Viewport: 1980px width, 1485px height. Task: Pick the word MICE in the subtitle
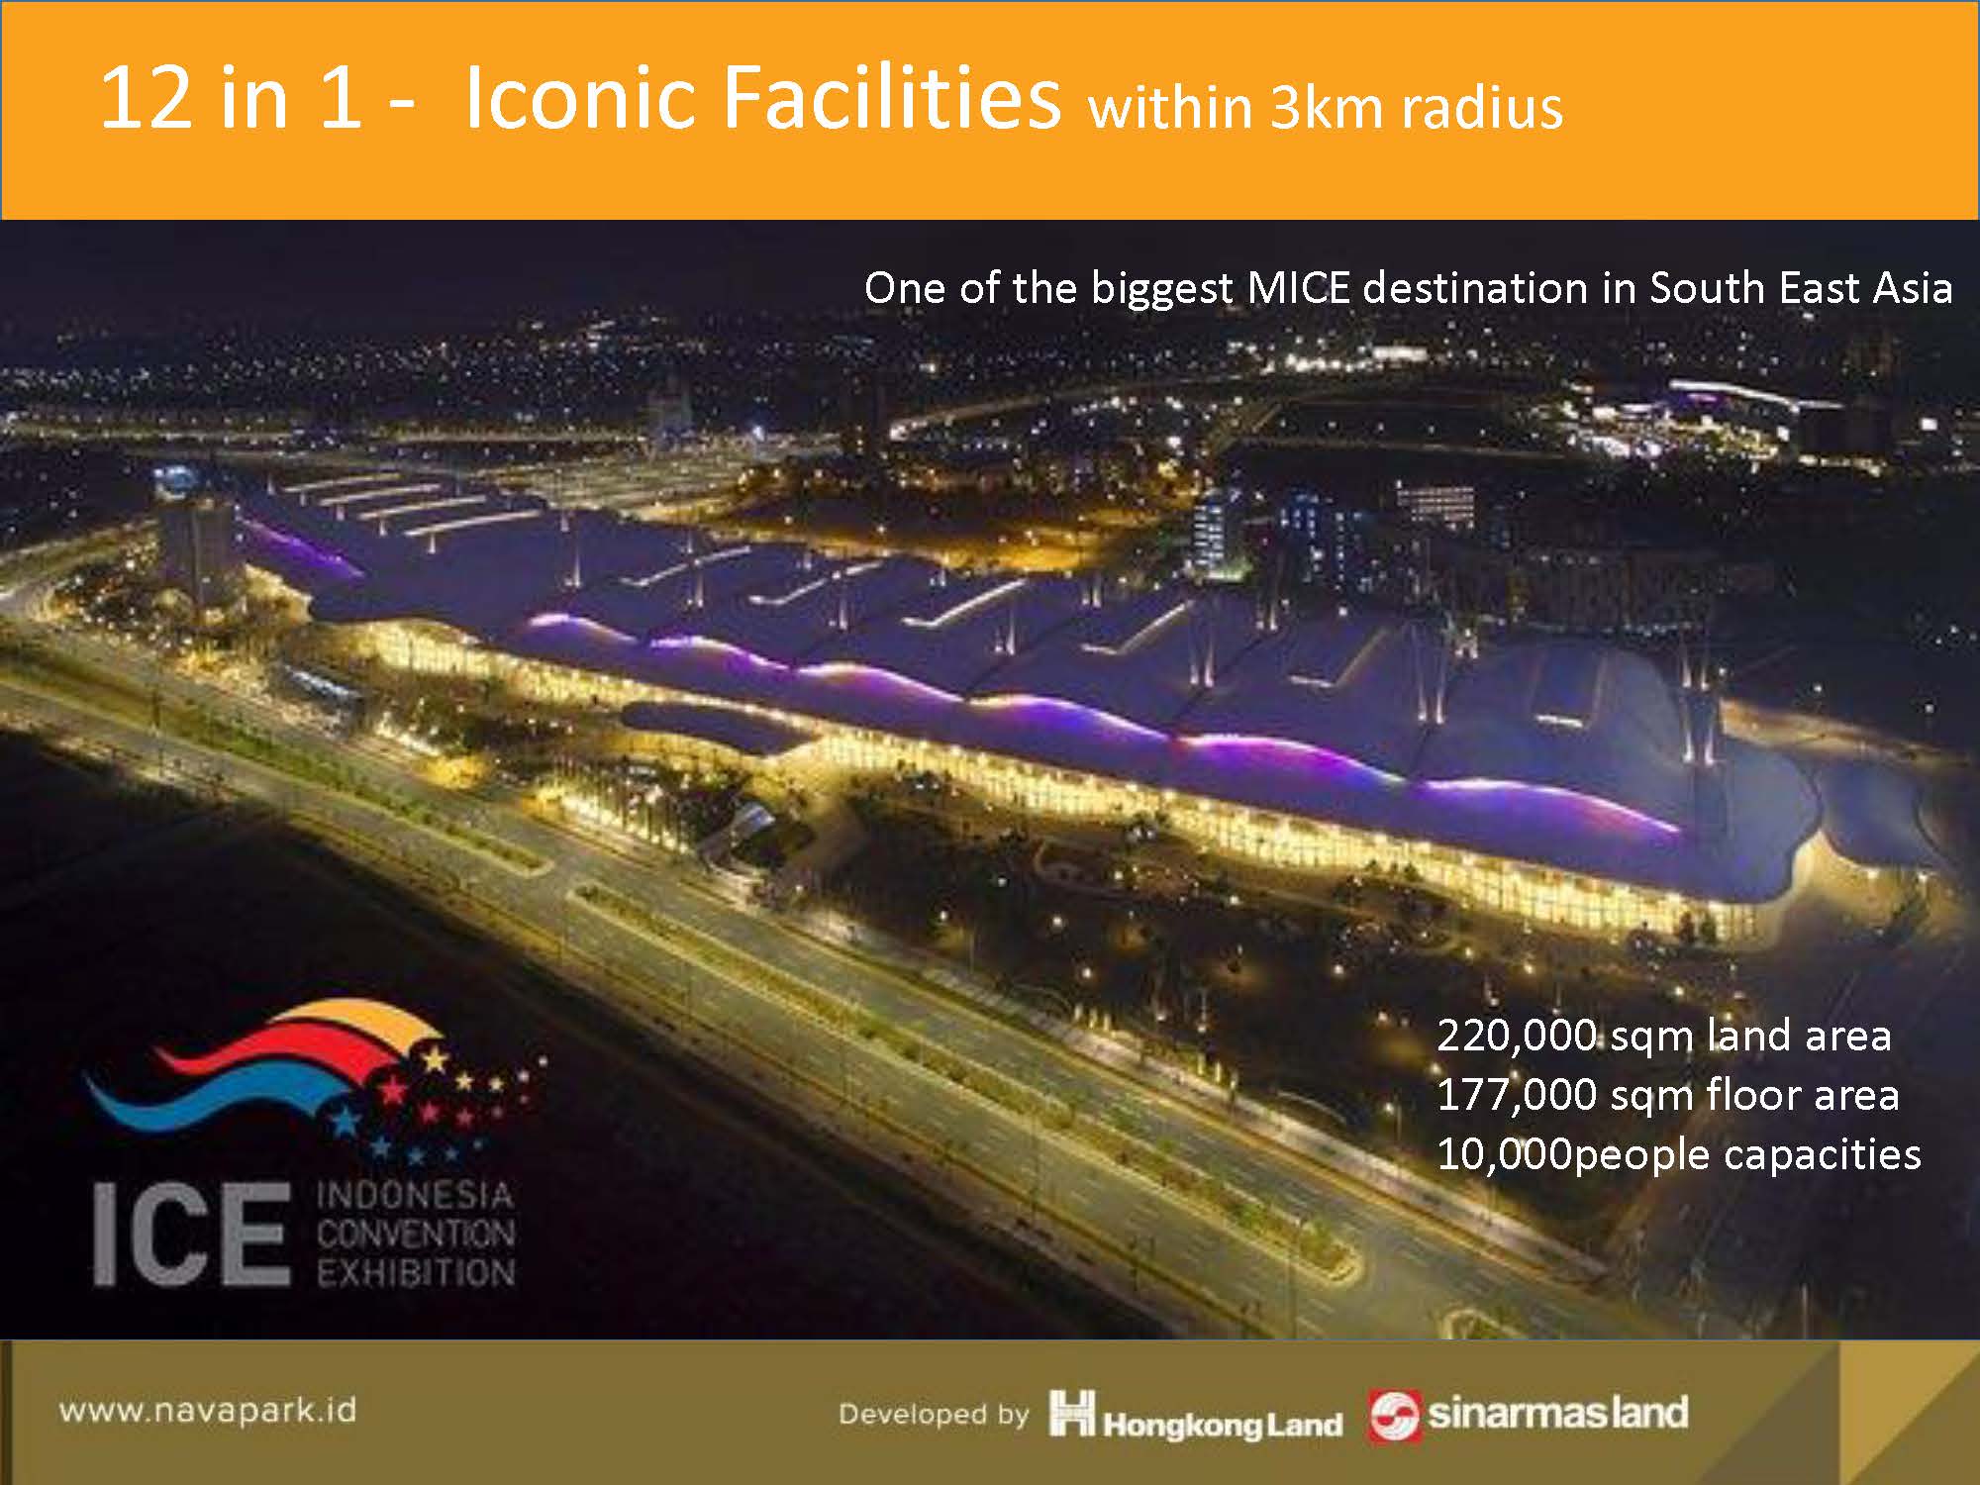coord(1298,288)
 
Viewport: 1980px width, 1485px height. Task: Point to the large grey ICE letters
coord(191,1235)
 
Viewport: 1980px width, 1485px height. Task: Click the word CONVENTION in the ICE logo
coord(416,1234)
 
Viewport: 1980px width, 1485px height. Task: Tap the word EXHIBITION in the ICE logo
coord(416,1272)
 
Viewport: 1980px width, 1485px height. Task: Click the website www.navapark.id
coord(208,1410)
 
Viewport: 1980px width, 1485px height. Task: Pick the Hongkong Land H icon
coord(1072,1413)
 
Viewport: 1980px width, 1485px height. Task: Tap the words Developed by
coord(934,1415)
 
